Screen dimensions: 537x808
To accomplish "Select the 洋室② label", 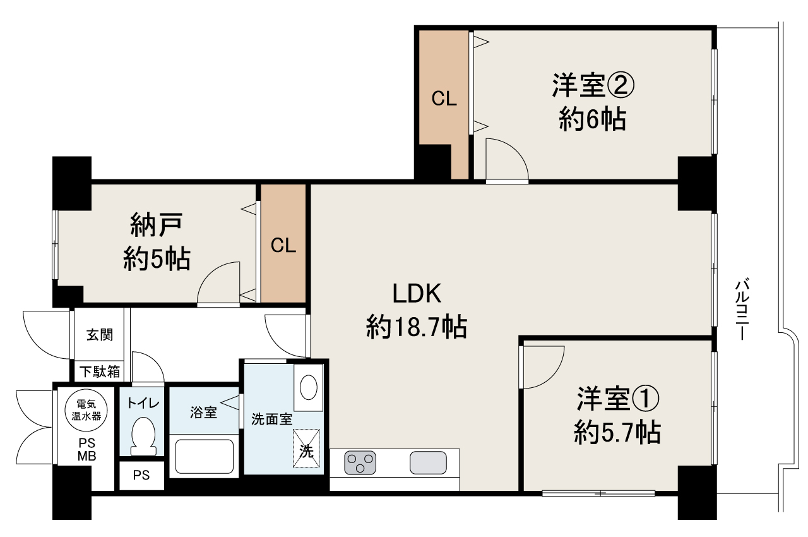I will coord(592,86).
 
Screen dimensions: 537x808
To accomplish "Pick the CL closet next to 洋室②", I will coord(444,99).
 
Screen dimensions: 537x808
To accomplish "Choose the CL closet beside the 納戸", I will coord(283,245).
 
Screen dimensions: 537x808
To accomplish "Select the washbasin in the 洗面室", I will coord(309,388).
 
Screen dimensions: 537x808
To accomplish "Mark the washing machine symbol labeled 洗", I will coord(306,448).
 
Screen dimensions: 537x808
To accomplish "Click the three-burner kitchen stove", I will coord(360,462).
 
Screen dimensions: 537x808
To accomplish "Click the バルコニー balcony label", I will coord(742,309).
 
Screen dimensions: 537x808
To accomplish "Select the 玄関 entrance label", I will coord(100,335).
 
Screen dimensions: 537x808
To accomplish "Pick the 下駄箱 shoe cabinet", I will coord(100,371).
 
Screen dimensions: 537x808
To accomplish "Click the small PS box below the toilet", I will coord(141,476).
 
